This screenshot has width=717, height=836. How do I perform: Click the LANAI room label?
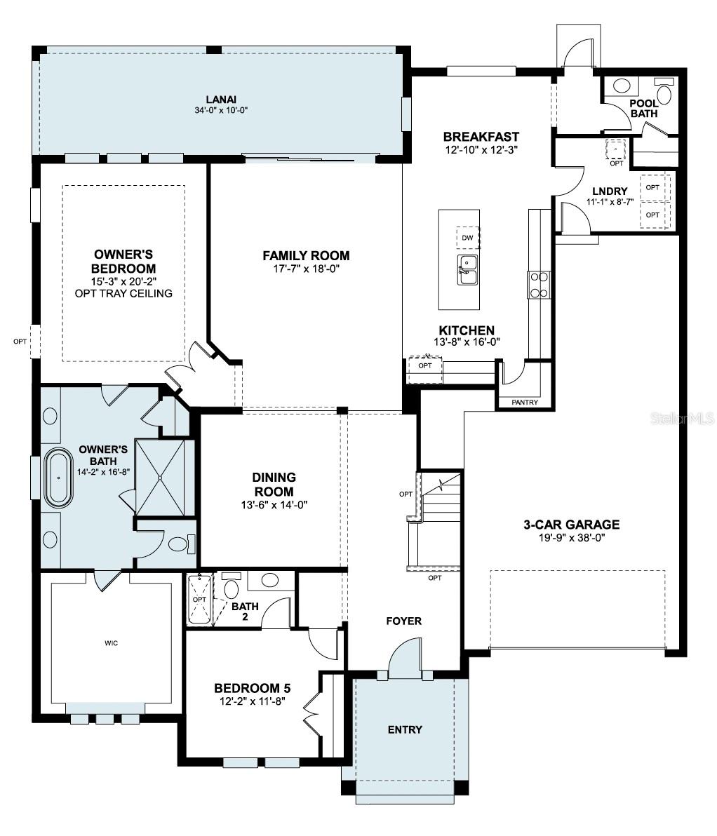(221, 99)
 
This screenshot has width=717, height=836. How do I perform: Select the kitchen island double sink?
(468, 270)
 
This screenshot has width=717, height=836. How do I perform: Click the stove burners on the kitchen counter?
(538, 285)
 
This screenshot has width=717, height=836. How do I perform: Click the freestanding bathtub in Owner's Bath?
(59, 480)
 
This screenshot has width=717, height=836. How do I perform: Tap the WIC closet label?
(111, 642)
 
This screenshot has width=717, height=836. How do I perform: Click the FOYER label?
(404, 621)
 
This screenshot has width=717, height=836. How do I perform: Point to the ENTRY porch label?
(405, 729)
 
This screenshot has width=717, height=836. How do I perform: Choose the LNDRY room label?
(610, 191)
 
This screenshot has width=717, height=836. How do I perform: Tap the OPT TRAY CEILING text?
(123, 293)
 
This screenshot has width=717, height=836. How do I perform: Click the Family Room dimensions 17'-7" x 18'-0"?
(306, 268)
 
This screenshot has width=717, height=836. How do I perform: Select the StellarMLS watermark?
(683, 419)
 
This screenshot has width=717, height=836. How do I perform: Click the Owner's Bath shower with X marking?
(161, 478)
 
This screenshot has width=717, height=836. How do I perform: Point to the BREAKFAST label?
(481, 137)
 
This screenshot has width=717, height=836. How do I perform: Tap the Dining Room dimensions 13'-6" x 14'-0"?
(274, 504)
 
